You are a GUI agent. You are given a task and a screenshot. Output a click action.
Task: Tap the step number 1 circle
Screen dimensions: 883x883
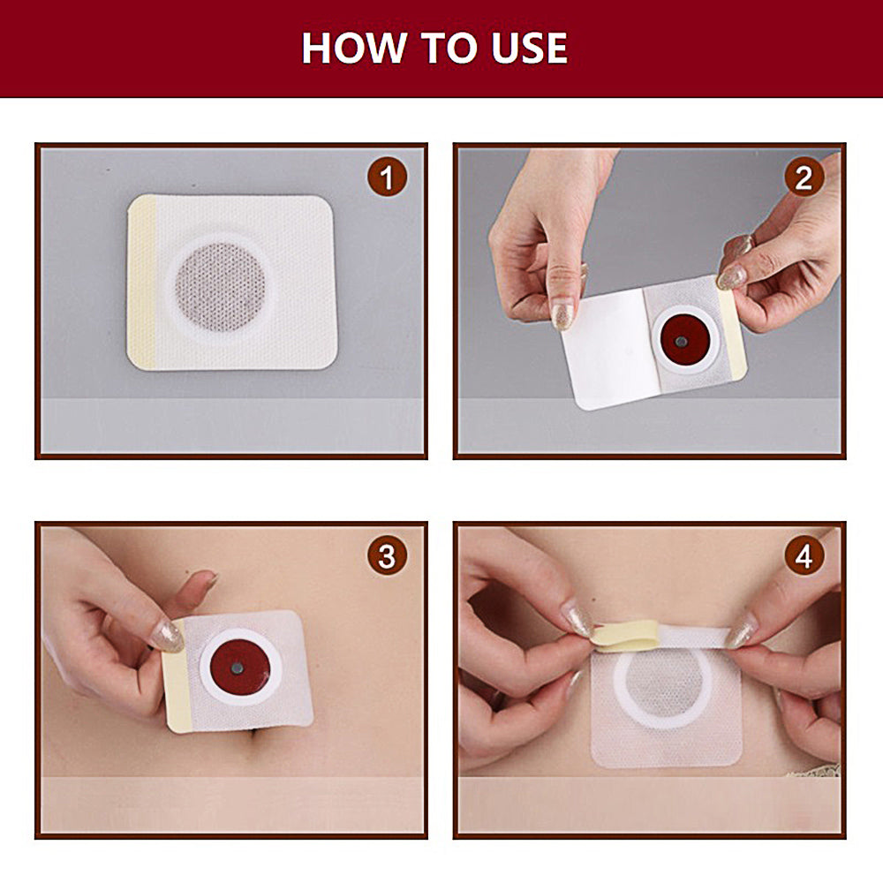[387, 178]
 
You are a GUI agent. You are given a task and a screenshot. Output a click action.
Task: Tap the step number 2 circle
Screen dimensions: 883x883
[804, 178]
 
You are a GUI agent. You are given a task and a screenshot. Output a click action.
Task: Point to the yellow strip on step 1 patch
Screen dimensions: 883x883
[141, 283]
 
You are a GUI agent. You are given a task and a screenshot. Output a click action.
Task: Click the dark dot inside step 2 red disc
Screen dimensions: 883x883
[681, 342]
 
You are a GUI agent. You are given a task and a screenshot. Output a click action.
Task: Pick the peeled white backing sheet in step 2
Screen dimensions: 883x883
[609, 349]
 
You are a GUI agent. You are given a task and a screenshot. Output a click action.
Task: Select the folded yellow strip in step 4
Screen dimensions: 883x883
[627, 635]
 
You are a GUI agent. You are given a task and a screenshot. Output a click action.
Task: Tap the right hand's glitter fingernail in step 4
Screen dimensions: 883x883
[742, 632]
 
